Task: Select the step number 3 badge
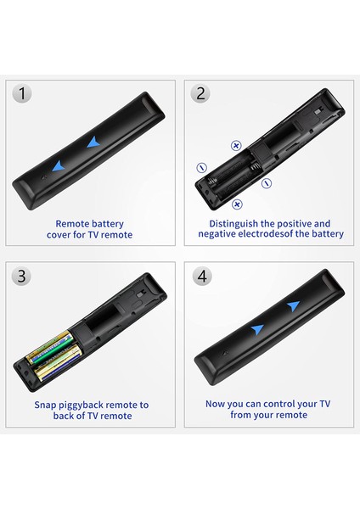point(23,276)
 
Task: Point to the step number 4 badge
point(200,276)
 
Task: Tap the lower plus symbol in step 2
point(237,204)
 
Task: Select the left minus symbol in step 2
point(201,166)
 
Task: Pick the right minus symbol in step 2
point(267,182)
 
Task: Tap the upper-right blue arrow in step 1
point(91,142)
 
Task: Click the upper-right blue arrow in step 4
point(292,305)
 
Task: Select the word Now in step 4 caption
point(216,405)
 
